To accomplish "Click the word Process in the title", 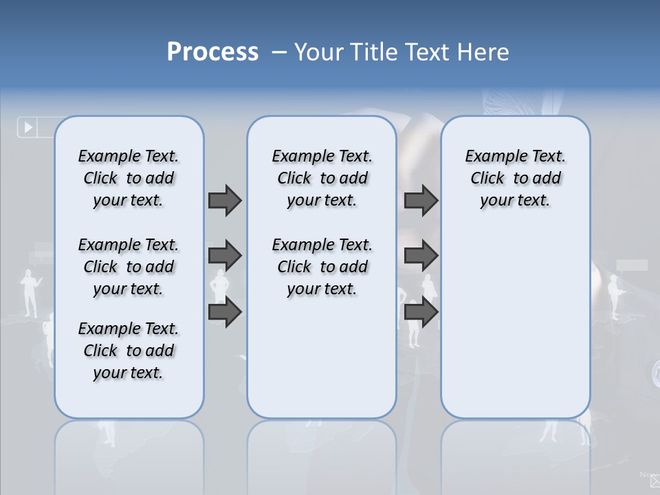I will pyautogui.click(x=212, y=52).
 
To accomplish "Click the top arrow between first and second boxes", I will pyautogui.click(x=225, y=200).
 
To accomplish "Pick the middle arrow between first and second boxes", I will pyautogui.click(x=225, y=256).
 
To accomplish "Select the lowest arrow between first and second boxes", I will pyautogui.click(x=225, y=312).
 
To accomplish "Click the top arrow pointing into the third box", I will pyautogui.click(x=421, y=200).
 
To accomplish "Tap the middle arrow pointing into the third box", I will pyautogui.click(x=421, y=256).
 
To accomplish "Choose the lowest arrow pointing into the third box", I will pyautogui.click(x=421, y=312).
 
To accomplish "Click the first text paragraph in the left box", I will pyautogui.click(x=129, y=178).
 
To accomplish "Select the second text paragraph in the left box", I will pyautogui.click(x=129, y=267).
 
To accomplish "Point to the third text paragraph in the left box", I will pyautogui.click(x=129, y=351).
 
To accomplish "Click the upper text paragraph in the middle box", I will pyautogui.click(x=322, y=178).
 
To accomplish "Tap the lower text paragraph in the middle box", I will pyautogui.click(x=322, y=267).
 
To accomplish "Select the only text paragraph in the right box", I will pyautogui.click(x=515, y=178).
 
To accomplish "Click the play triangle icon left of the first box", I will pyautogui.click(x=28, y=127).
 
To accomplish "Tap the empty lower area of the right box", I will pyautogui.click(x=515, y=330).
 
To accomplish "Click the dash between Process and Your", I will pyautogui.click(x=279, y=52).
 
